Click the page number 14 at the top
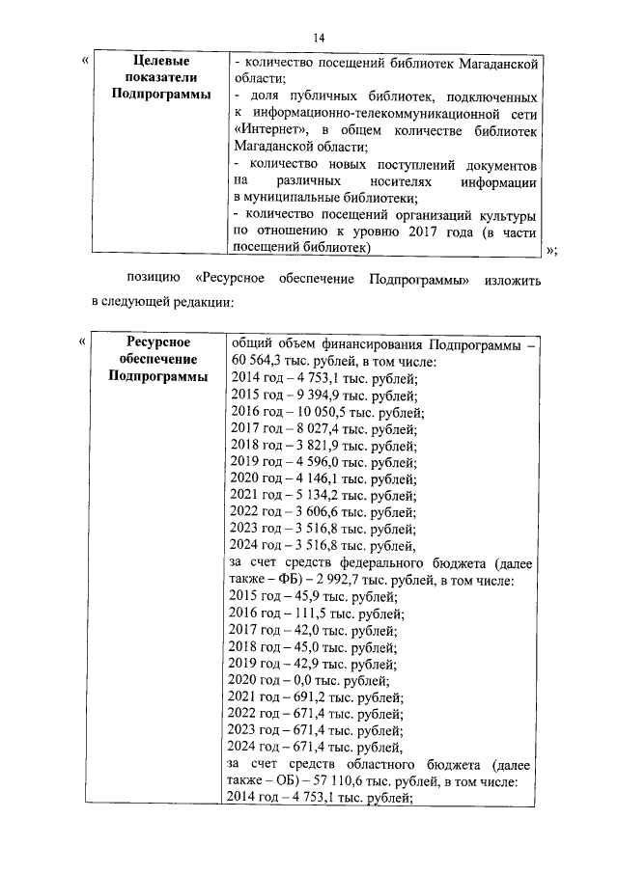[x=318, y=37]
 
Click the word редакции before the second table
[x=198, y=302]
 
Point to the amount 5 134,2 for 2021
[x=308, y=495]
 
